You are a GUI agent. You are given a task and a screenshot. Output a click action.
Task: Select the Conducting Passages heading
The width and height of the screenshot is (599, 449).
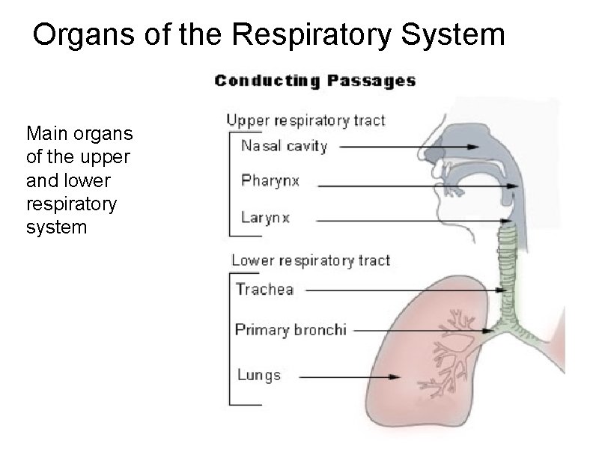315,81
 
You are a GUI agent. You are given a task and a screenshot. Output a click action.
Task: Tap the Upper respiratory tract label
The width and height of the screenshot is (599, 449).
305,120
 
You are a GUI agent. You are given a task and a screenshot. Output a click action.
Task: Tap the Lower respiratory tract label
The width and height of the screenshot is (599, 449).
310,260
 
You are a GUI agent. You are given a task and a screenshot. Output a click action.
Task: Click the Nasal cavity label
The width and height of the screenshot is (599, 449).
284,146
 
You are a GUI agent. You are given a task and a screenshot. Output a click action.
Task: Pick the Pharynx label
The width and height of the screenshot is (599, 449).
270,181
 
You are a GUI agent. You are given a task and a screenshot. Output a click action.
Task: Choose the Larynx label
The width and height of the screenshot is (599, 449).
265,219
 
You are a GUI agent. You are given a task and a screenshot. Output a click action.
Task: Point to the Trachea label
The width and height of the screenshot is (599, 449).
264,289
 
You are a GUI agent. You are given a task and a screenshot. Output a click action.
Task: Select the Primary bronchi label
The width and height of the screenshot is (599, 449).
291,329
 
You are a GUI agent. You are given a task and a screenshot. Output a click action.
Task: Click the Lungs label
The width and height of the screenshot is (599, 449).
258,375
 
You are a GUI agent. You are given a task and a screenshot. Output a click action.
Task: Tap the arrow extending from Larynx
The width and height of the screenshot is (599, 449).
412,221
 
